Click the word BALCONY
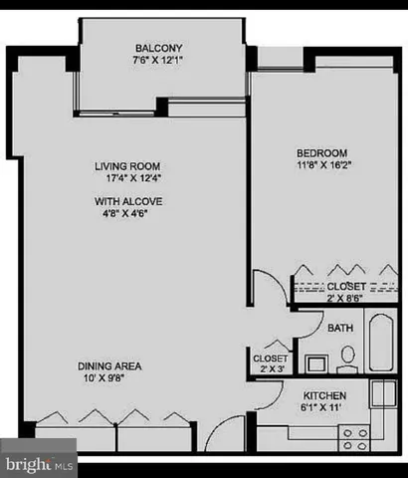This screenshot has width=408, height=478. click(163, 48)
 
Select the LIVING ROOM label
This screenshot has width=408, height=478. click(127, 165)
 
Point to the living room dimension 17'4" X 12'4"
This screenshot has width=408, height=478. click(127, 179)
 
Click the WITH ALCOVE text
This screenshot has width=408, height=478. click(127, 201)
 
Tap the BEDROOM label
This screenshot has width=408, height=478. click(321, 152)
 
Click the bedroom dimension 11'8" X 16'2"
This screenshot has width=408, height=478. click(321, 166)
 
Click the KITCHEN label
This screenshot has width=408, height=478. click(324, 394)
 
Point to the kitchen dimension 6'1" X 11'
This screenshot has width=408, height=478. click(324, 408)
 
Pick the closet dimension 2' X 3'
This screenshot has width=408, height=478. click(271, 370)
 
